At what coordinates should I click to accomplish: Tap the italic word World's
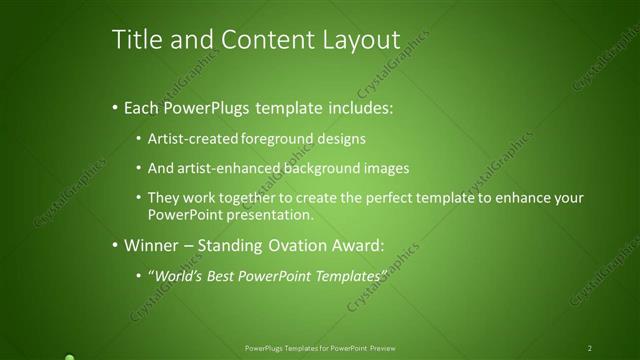176,274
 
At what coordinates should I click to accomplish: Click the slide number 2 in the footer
590,348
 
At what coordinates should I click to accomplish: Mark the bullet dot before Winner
115,244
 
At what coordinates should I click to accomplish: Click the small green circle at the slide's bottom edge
69,356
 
